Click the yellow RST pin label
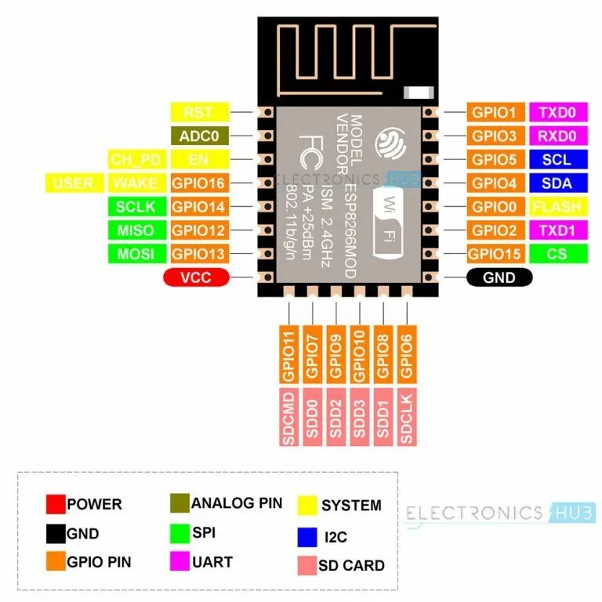[x=199, y=112]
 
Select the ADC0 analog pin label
[x=199, y=136]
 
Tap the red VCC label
[x=196, y=277]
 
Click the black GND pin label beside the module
[x=499, y=277]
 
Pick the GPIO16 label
[x=199, y=183]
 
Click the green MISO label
[x=136, y=230]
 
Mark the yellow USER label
[x=74, y=183]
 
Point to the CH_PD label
[x=136, y=160]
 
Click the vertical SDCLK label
[x=406, y=416]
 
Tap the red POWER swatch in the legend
[x=56, y=504]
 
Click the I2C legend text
[x=335, y=537]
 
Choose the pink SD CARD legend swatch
[x=306, y=564]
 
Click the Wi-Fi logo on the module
[x=390, y=221]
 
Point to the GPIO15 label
[x=494, y=254]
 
